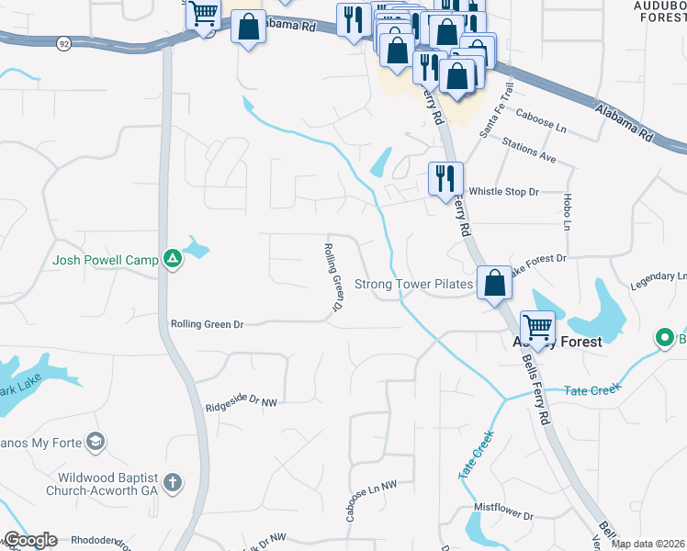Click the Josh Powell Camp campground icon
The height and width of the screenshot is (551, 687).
click(x=172, y=260)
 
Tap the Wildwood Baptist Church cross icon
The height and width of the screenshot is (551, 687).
click(x=172, y=483)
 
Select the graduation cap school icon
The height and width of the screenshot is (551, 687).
click(x=95, y=444)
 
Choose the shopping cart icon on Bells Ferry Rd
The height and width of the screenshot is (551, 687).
click(x=537, y=326)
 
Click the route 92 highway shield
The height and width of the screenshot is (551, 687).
click(x=63, y=42)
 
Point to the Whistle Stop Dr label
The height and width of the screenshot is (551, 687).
click(x=503, y=192)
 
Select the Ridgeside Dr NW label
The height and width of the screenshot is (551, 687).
click(x=241, y=403)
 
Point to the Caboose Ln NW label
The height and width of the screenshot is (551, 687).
click(x=371, y=501)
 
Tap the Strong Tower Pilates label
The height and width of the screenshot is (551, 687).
click(x=413, y=285)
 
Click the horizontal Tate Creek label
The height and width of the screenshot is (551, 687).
click(x=593, y=390)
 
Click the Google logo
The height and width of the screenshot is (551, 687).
click(x=29, y=540)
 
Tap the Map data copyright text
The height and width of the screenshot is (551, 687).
click(x=648, y=544)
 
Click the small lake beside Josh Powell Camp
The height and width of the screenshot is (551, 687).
click(x=196, y=247)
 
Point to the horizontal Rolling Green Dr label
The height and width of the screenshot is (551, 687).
click(x=207, y=324)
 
